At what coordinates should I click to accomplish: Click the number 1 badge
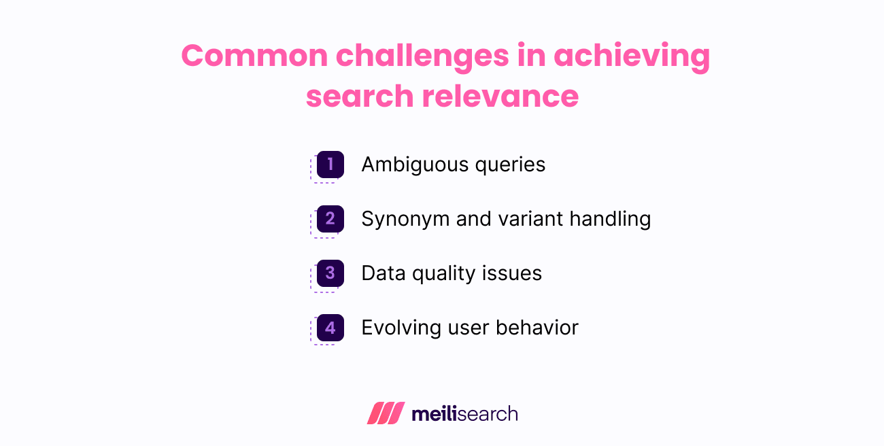coord(330,165)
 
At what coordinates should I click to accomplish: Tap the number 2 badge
coord(330,219)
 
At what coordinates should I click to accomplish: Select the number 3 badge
coord(330,273)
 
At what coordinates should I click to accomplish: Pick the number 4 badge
coord(330,328)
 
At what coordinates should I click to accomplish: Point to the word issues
coord(517,273)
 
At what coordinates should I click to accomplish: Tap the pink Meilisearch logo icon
coord(386,413)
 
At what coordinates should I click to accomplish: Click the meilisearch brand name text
coord(464,413)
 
